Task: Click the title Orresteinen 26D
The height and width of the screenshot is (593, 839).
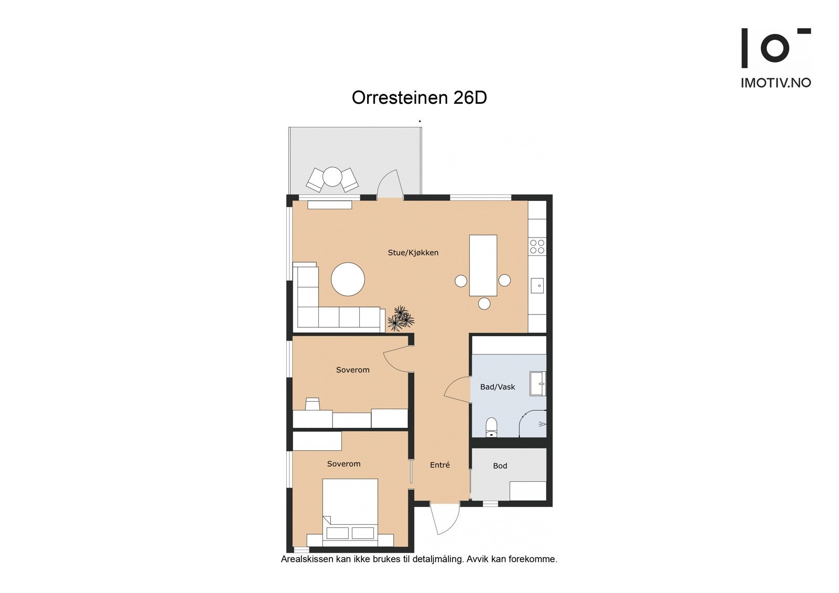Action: coord(419,98)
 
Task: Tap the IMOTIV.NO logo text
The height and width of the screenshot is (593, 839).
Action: coord(776,83)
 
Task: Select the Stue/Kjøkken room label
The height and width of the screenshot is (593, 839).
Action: coord(413,253)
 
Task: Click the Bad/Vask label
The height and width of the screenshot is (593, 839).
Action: coord(498,387)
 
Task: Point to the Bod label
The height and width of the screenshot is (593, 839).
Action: coord(500,466)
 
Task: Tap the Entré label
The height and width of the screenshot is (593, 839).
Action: coord(440,465)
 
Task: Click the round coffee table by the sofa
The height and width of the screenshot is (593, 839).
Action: coord(348,279)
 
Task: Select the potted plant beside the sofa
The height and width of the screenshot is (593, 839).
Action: coord(401,318)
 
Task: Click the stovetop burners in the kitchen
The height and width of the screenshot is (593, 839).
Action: coord(537,247)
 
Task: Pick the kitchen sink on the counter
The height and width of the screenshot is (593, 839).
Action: coord(537,286)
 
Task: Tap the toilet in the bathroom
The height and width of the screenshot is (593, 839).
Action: coord(491,427)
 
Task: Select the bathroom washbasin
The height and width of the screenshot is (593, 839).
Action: coord(538,384)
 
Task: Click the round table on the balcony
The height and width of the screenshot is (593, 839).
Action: coord(332,177)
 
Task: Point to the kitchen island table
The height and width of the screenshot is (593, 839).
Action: coord(483,265)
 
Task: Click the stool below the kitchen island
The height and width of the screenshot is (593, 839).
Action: coord(485,304)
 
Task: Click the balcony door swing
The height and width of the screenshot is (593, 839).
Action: coord(390,183)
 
